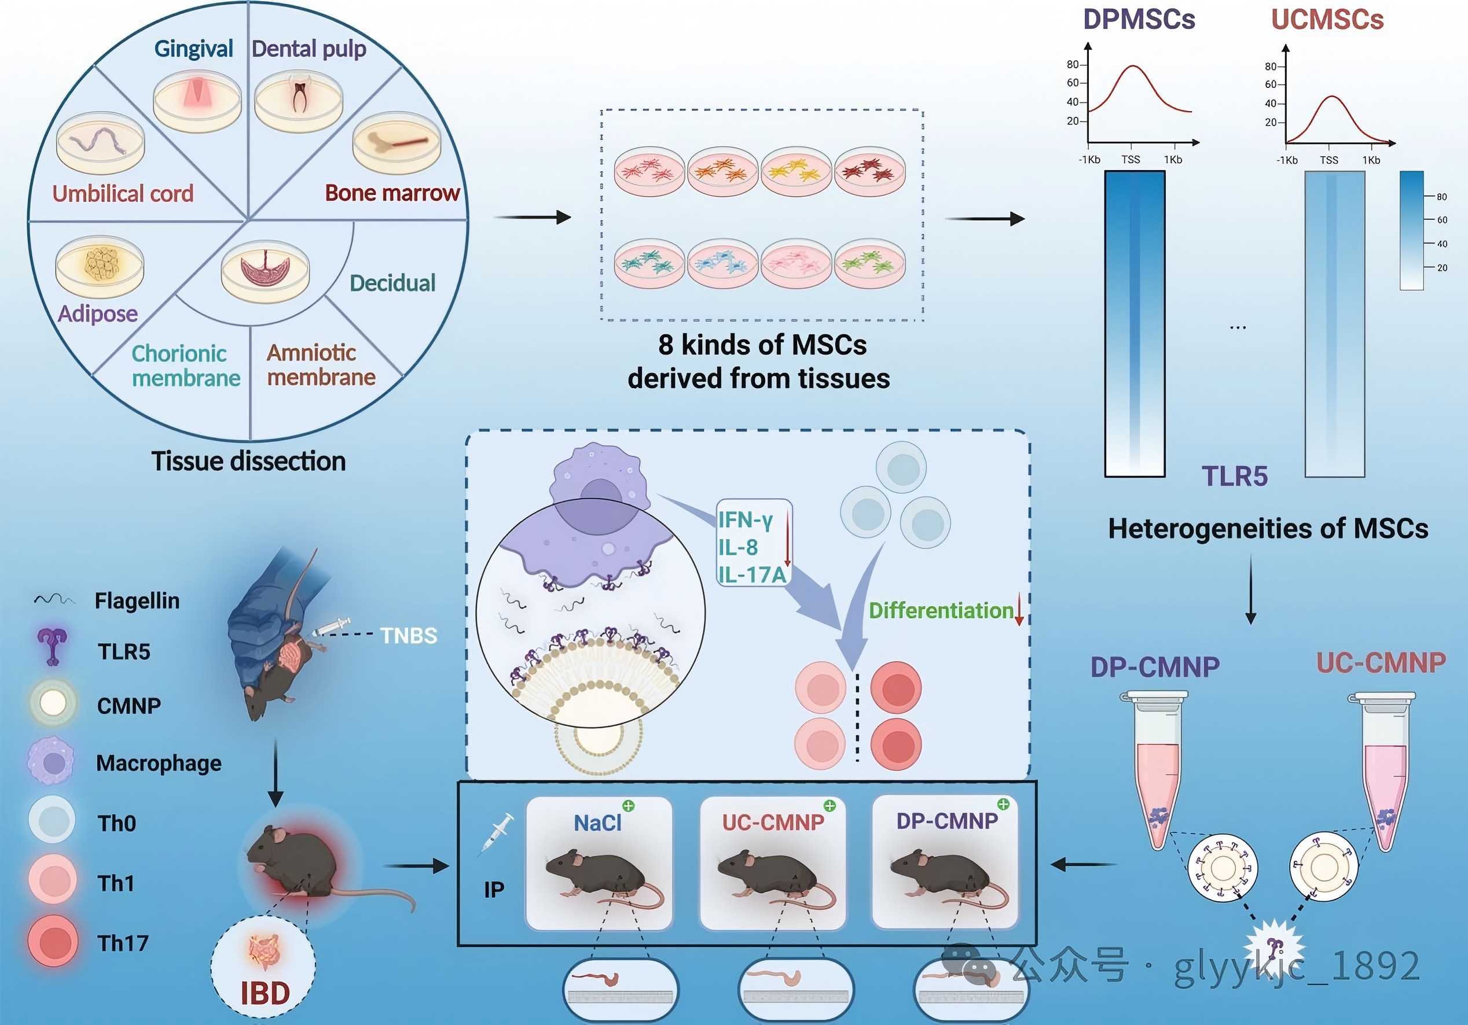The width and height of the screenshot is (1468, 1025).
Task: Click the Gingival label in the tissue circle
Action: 193,49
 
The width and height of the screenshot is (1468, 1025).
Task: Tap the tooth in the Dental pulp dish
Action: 299,96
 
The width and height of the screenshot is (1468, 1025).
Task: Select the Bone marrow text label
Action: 392,193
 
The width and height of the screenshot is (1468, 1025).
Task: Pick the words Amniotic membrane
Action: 320,365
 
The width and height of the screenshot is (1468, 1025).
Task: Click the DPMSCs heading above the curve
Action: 1139,19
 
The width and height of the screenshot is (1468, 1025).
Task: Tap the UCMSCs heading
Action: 1327,19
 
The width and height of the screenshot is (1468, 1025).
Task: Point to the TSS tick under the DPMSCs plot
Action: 1131,160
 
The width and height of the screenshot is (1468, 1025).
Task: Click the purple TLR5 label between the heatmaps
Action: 1235,477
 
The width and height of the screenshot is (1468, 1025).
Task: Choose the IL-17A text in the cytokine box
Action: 751,575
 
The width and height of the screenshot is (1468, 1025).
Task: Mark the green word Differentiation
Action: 941,611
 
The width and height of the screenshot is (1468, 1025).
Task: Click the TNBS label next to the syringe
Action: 409,636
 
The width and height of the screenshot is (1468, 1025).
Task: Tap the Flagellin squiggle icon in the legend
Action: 54,600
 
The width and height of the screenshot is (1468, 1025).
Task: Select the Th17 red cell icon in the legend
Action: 54,942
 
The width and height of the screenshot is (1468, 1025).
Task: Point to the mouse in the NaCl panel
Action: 598,872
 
